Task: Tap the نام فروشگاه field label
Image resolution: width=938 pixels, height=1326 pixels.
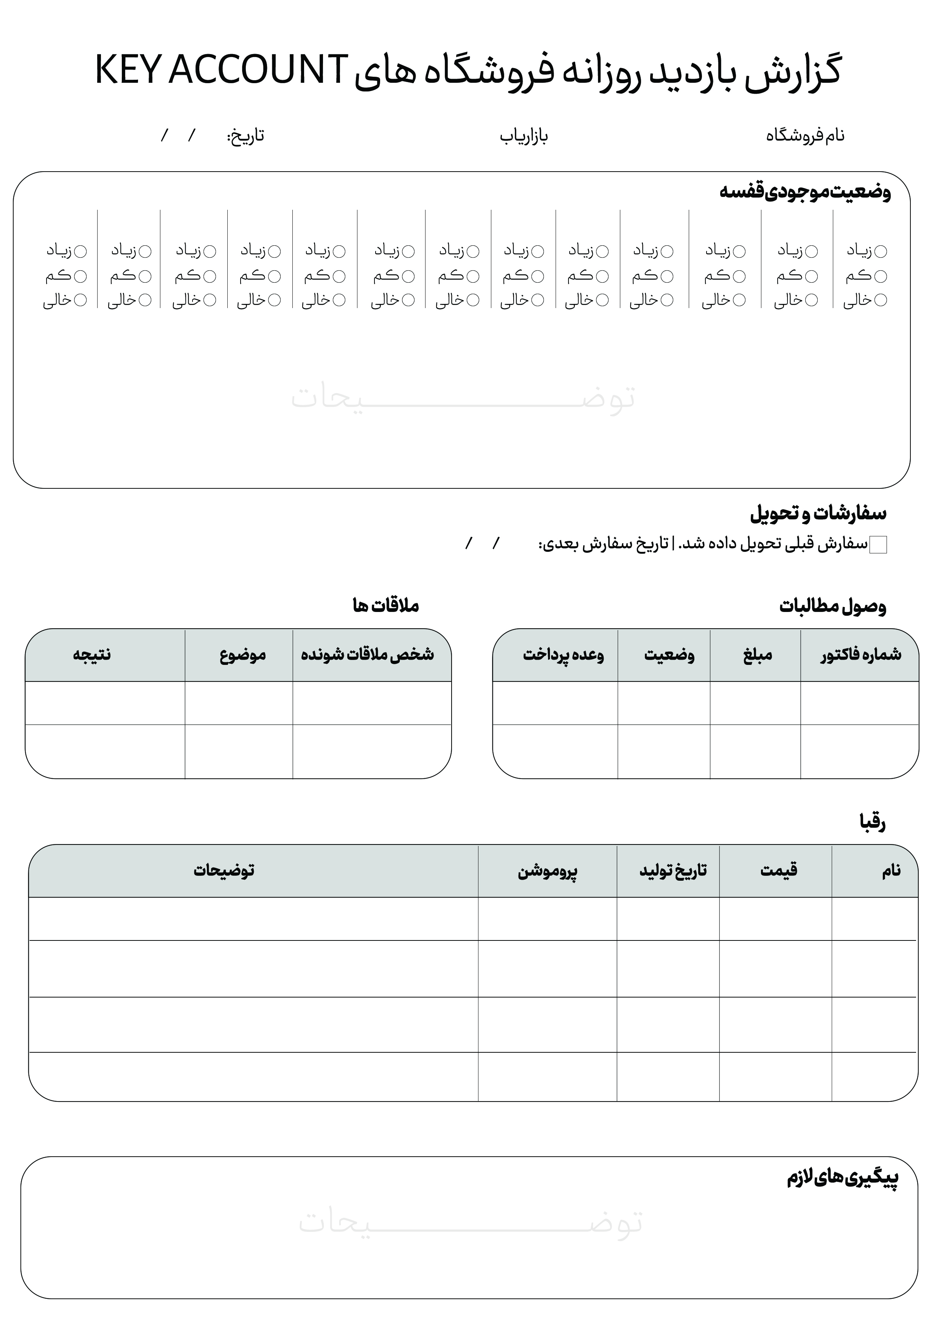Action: pyautogui.click(x=805, y=136)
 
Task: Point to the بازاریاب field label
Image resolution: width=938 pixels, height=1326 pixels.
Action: pyautogui.click(x=523, y=137)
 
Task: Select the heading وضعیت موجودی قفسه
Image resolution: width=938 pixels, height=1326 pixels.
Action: pyautogui.click(x=804, y=192)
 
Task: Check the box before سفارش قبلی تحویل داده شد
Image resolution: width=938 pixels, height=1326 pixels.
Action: pyautogui.click(x=878, y=545)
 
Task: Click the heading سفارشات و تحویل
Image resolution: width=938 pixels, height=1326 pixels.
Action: pyautogui.click(x=818, y=513)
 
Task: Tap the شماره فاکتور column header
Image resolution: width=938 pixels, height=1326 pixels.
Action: pyautogui.click(x=860, y=654)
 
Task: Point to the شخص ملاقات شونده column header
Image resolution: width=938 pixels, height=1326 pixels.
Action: pyautogui.click(x=368, y=654)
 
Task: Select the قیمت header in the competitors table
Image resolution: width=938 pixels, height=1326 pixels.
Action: pyautogui.click(x=778, y=870)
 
